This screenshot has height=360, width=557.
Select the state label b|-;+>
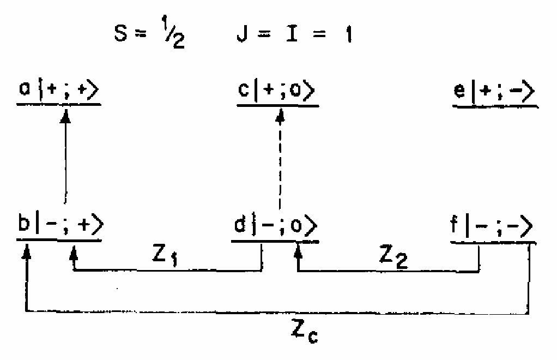60,225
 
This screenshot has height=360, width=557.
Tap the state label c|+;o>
276,90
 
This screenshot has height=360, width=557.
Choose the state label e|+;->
494,91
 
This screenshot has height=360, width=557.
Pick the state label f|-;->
492,226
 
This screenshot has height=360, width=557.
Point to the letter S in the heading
121,33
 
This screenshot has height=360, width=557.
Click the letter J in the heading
243,33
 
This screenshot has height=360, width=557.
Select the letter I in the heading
292,33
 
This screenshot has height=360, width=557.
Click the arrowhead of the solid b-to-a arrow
65,116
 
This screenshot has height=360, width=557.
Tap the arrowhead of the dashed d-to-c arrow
280,117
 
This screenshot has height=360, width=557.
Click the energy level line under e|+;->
495,106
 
